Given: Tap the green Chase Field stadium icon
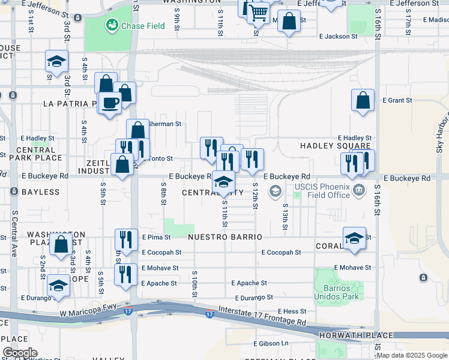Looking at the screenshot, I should (111, 25).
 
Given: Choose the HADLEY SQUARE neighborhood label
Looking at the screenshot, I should (336, 146).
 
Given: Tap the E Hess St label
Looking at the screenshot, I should (294, 311).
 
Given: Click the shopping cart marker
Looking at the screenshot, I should (259, 11).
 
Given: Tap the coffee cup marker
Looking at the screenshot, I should (109, 103).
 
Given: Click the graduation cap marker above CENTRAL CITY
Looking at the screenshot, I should (223, 182).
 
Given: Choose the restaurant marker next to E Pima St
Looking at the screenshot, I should (126, 239).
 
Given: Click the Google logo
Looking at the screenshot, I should (20, 353).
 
